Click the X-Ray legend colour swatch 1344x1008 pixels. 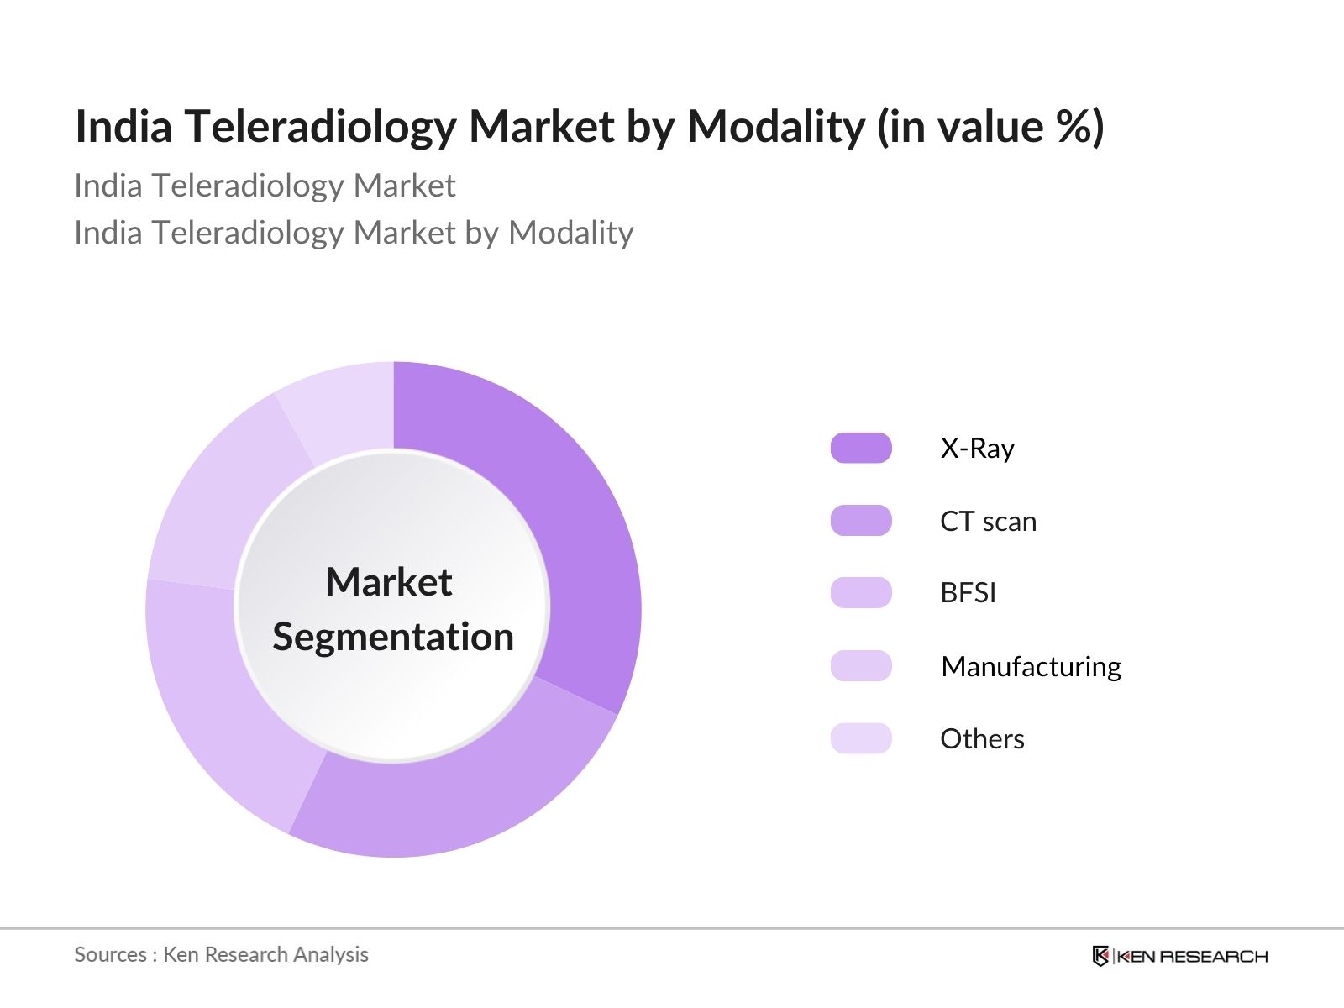point(861,448)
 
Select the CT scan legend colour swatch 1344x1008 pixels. point(861,521)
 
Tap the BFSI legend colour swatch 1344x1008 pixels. point(861,593)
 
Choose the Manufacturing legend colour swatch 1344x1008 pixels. point(861,666)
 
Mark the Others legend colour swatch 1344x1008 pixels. point(861,738)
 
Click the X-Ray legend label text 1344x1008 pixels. point(977,449)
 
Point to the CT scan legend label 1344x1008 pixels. point(988,522)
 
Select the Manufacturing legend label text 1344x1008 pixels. point(1031,667)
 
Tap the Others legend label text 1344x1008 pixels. point(982,739)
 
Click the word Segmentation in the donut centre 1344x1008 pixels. point(393,637)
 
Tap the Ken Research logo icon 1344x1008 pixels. point(1100,956)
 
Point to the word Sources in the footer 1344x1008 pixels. point(110,955)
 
